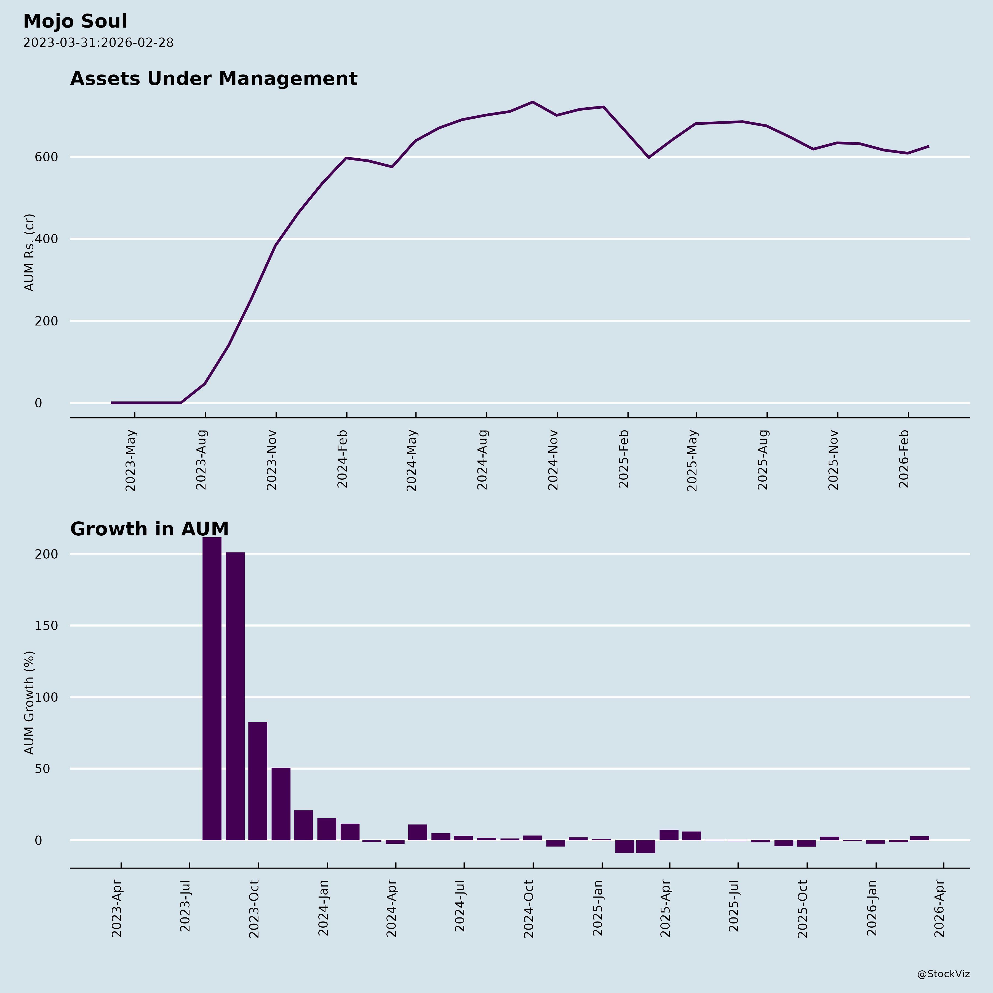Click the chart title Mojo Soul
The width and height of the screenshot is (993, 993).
coord(75,22)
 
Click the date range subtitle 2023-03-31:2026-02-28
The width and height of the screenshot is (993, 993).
coord(98,43)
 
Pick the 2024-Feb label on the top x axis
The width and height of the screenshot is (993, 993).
coord(342,459)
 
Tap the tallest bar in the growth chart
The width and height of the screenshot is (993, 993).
coord(212,689)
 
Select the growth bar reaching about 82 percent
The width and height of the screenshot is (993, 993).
coord(258,781)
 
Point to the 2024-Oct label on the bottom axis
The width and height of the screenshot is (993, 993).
coord(529,909)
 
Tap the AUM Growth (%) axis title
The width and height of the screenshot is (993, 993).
coord(29,703)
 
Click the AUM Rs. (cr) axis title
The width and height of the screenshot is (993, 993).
coord(29,252)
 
